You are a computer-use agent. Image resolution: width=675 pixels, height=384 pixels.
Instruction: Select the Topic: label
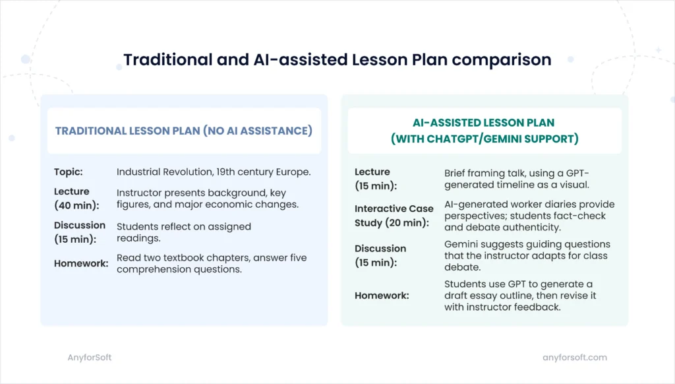pyautogui.click(x=69, y=172)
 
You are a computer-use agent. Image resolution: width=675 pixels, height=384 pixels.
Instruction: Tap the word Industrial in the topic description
pyautogui.click(x=139, y=172)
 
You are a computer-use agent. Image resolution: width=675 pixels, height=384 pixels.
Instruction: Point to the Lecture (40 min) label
pyautogui.click(x=73, y=198)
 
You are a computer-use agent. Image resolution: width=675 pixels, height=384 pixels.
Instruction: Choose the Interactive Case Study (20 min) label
pyautogui.click(x=394, y=216)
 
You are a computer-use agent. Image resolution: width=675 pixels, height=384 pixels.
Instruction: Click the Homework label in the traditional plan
pyautogui.click(x=81, y=264)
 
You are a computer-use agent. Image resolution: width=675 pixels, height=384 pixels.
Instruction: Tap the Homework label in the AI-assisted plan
pyautogui.click(x=382, y=295)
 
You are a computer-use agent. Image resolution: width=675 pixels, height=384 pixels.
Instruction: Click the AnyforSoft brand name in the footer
pyautogui.click(x=90, y=357)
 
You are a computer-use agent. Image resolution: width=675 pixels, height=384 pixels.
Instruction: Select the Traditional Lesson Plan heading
pyautogui.click(x=183, y=131)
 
